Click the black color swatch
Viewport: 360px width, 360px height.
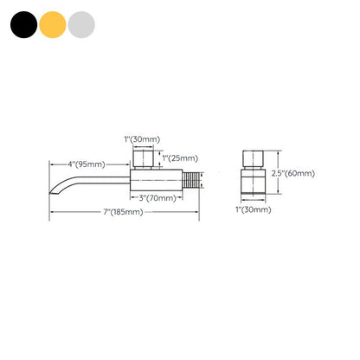pos(23,24)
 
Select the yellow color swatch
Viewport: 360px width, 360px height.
pos(53,24)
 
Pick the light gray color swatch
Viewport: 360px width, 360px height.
pos(81,24)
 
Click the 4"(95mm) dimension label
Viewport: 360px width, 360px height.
pos(87,164)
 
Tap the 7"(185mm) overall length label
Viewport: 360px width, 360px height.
pos(123,212)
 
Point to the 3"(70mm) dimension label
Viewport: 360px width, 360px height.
pos(157,198)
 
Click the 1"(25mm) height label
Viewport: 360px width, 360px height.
pos(180,158)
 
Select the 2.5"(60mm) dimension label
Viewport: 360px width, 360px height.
pos(292,173)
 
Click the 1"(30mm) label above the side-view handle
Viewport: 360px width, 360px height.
pos(142,139)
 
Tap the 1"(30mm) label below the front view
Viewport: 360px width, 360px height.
pos(254,209)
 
